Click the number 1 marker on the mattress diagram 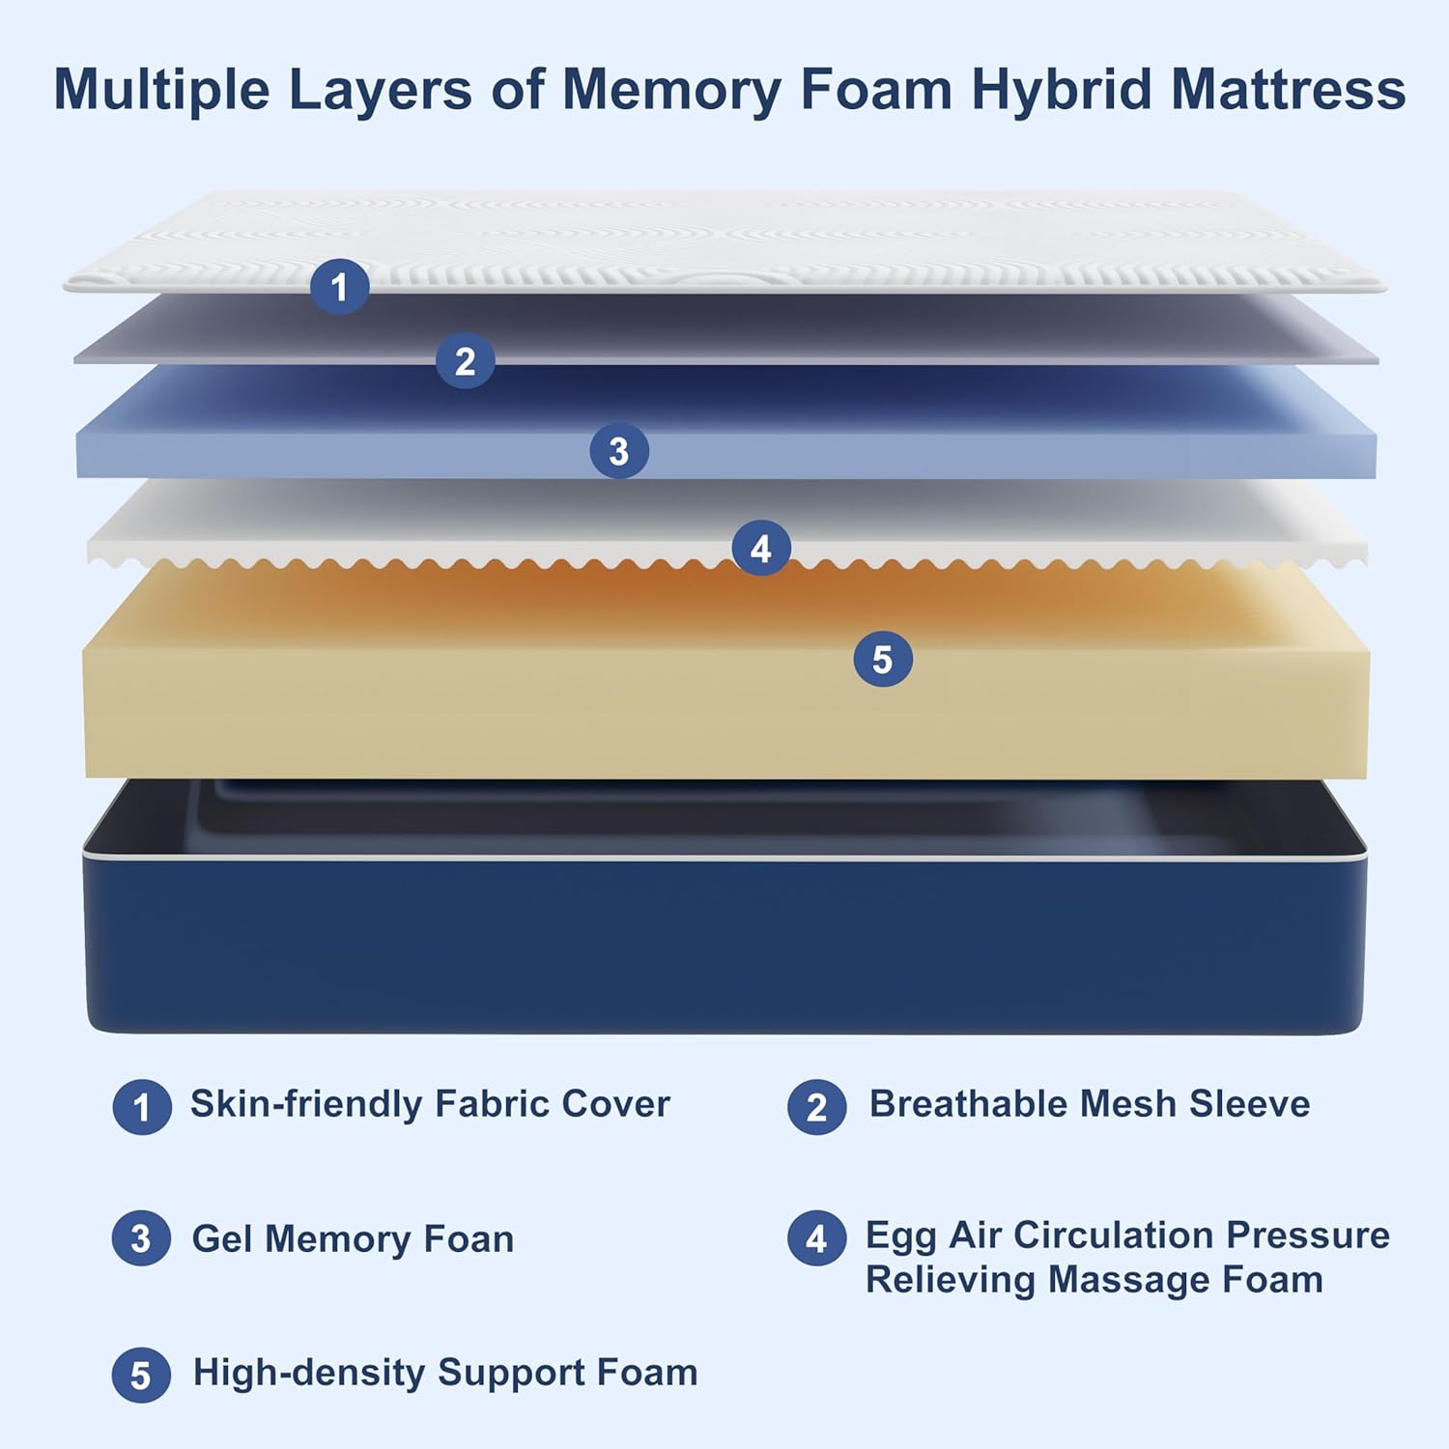click(x=339, y=287)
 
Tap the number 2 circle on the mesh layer click(x=465, y=361)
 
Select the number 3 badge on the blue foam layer click(x=619, y=451)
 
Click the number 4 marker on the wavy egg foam click(x=761, y=549)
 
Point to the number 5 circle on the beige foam click(x=883, y=660)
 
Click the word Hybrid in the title click(x=1062, y=90)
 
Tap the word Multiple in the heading click(x=161, y=90)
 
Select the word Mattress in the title click(x=1289, y=90)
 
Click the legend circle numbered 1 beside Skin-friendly click(x=142, y=1107)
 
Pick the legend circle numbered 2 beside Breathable click(x=816, y=1107)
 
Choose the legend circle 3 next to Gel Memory click(x=141, y=1238)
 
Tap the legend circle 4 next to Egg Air click(x=816, y=1238)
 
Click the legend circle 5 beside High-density click(x=141, y=1376)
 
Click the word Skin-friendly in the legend click(x=305, y=1104)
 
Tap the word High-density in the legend click(x=308, y=1373)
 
